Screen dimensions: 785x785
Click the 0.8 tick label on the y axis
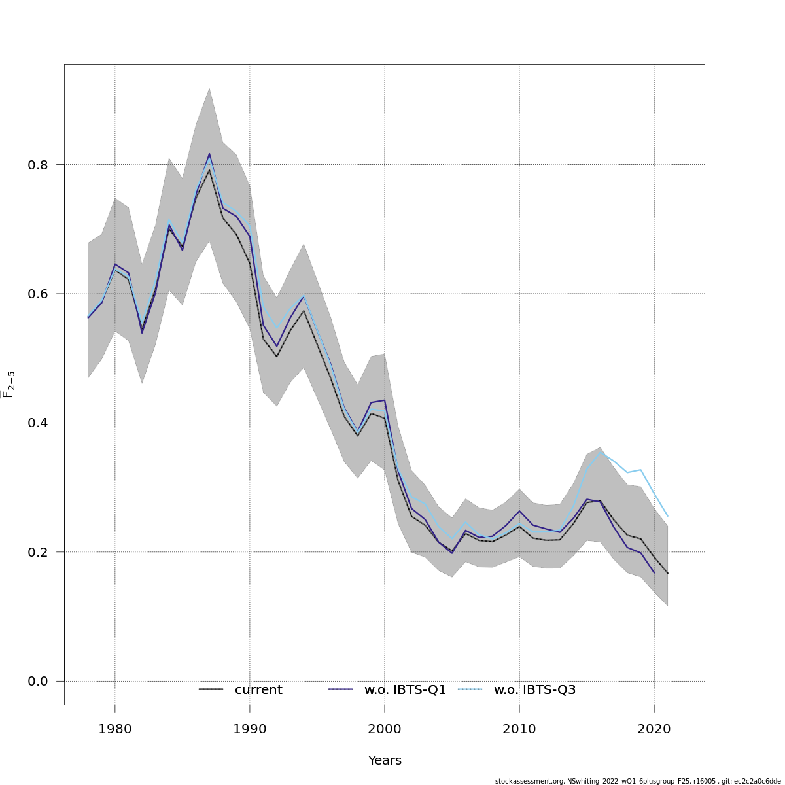(x=38, y=165)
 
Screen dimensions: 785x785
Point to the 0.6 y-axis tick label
(x=38, y=294)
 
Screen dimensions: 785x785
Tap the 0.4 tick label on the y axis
(x=38, y=423)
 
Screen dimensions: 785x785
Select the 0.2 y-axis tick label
(x=38, y=552)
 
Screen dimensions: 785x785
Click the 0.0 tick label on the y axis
(x=38, y=682)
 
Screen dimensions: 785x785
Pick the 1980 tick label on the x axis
(x=115, y=728)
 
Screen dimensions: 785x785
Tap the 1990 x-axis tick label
(x=250, y=728)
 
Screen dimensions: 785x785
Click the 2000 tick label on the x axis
(x=385, y=728)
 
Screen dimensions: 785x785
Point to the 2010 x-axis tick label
(x=519, y=728)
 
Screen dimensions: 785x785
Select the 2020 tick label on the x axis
(x=654, y=728)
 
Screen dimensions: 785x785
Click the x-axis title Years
(x=385, y=761)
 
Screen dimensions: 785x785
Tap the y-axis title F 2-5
(x=9, y=385)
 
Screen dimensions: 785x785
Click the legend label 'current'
(x=258, y=690)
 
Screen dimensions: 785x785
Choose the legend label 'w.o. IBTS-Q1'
(x=405, y=690)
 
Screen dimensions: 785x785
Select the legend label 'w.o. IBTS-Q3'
(x=534, y=690)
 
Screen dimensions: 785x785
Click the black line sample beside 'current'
(x=211, y=689)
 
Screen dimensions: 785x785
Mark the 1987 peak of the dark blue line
(x=209, y=154)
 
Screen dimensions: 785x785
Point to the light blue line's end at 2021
(x=667, y=516)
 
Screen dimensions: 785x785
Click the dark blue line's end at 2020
(x=654, y=573)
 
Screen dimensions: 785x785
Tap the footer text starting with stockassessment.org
(x=638, y=781)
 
